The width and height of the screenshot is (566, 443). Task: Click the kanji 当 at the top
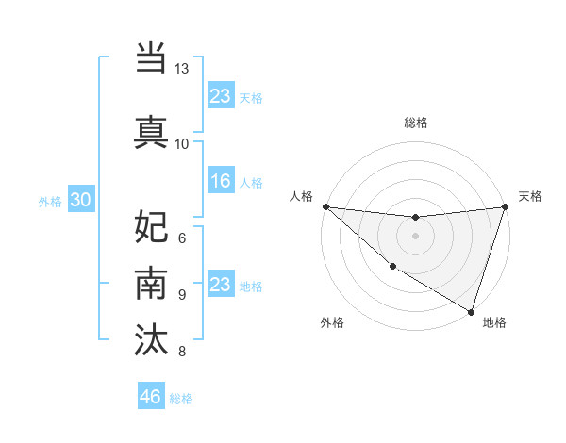pyautogui.click(x=151, y=57)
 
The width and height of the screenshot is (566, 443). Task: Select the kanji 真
pyautogui.click(x=151, y=131)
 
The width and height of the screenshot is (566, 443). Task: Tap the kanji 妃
pyautogui.click(x=151, y=227)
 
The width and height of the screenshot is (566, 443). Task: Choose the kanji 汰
pyautogui.click(x=151, y=338)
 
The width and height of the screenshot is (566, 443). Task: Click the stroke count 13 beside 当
pyautogui.click(x=181, y=69)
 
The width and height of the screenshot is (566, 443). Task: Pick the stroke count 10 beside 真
pyautogui.click(x=181, y=143)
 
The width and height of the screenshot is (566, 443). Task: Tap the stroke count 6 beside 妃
pyautogui.click(x=181, y=238)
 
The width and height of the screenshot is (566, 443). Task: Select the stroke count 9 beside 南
pyautogui.click(x=181, y=294)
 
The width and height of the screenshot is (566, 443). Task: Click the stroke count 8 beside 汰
pyautogui.click(x=181, y=352)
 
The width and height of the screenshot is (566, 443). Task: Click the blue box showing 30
pyautogui.click(x=79, y=200)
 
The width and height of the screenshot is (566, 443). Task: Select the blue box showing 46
pyautogui.click(x=151, y=396)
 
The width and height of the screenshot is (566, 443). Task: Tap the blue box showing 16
pyautogui.click(x=220, y=181)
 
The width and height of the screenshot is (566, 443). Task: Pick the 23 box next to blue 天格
pyautogui.click(x=220, y=96)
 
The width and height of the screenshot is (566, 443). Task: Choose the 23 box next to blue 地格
pyautogui.click(x=220, y=285)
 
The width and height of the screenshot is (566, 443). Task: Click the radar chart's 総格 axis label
pyautogui.click(x=415, y=123)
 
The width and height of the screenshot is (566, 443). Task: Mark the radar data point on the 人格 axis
pyautogui.click(x=325, y=206)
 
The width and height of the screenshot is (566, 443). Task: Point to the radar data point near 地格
pyautogui.click(x=471, y=311)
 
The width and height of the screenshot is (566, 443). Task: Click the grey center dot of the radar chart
pyautogui.click(x=415, y=236)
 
